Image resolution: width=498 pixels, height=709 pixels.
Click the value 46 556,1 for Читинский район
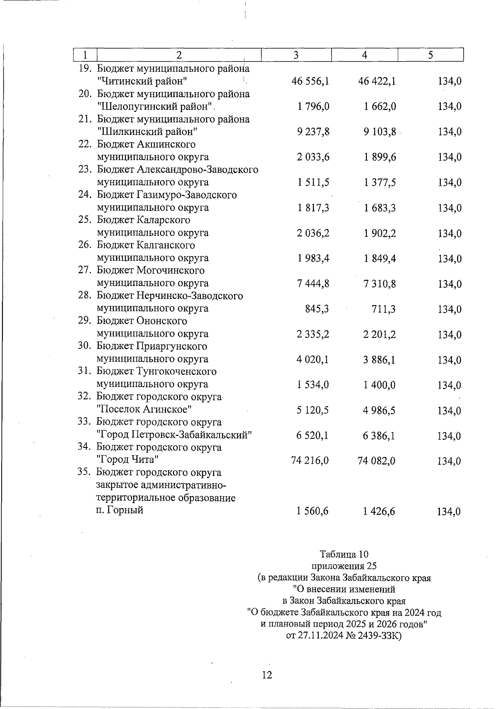(310, 81)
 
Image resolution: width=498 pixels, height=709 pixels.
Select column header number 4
(364, 55)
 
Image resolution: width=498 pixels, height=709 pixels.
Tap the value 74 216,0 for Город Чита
(310, 461)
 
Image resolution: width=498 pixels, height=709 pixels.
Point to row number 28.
(85, 296)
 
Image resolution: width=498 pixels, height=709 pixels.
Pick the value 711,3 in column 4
(383, 309)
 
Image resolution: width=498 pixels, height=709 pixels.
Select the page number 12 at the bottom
(267, 675)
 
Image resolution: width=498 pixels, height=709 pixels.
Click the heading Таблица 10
(344, 555)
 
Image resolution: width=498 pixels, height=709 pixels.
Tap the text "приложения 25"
(344, 566)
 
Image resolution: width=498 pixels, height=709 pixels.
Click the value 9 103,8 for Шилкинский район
(380, 132)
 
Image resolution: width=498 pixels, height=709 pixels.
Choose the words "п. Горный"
(120, 511)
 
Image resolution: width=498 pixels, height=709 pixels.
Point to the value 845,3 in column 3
(317, 309)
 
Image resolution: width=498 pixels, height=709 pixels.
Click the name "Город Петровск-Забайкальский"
(174, 435)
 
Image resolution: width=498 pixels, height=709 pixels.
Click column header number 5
(430, 55)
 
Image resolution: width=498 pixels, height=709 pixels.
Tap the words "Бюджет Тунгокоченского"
(156, 372)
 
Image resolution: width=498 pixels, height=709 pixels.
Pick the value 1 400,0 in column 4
(380, 385)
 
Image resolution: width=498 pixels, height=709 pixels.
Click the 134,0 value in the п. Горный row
(449, 512)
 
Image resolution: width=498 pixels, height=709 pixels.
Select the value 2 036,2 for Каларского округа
(313, 233)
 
